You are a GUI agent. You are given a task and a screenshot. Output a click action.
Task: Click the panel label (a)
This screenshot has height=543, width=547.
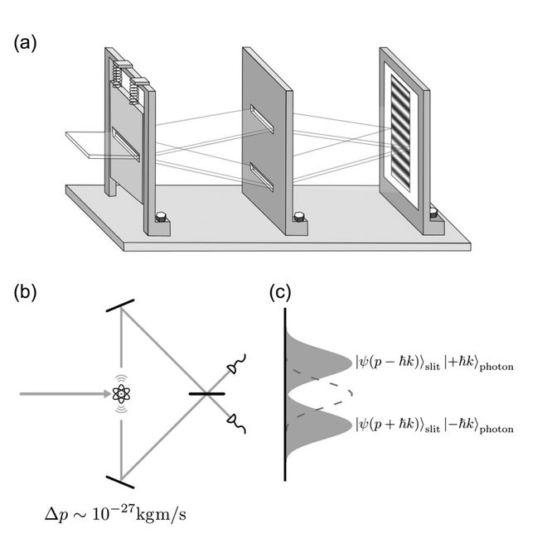pos(25,44)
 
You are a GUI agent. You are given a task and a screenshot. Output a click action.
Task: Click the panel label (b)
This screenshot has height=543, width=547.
pos(25,293)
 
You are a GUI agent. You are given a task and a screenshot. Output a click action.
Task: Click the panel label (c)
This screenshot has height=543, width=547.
pos(280,293)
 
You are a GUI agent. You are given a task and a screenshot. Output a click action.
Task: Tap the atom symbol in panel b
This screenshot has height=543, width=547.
pos(121,394)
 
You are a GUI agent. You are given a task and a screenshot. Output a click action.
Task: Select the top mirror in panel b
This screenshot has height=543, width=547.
pos(120,305)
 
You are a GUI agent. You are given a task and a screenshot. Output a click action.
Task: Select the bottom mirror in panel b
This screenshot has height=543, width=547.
pos(120,482)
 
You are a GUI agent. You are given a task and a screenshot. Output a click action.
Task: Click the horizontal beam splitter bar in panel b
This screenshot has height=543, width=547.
pos(207,394)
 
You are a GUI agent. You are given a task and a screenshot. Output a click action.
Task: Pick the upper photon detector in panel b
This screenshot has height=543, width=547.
pos(237,364)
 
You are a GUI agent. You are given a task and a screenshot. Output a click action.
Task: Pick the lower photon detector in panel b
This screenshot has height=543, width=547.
pos(236,423)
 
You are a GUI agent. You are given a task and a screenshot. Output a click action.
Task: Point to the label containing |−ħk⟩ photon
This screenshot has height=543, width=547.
pos(434,426)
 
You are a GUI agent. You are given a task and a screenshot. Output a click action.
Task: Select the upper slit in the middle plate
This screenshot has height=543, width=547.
pos(262,119)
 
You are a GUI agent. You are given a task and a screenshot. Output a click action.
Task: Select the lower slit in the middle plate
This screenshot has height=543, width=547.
pos(262,177)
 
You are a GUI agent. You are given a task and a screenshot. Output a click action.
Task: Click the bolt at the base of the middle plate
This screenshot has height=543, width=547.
pos(299,217)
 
